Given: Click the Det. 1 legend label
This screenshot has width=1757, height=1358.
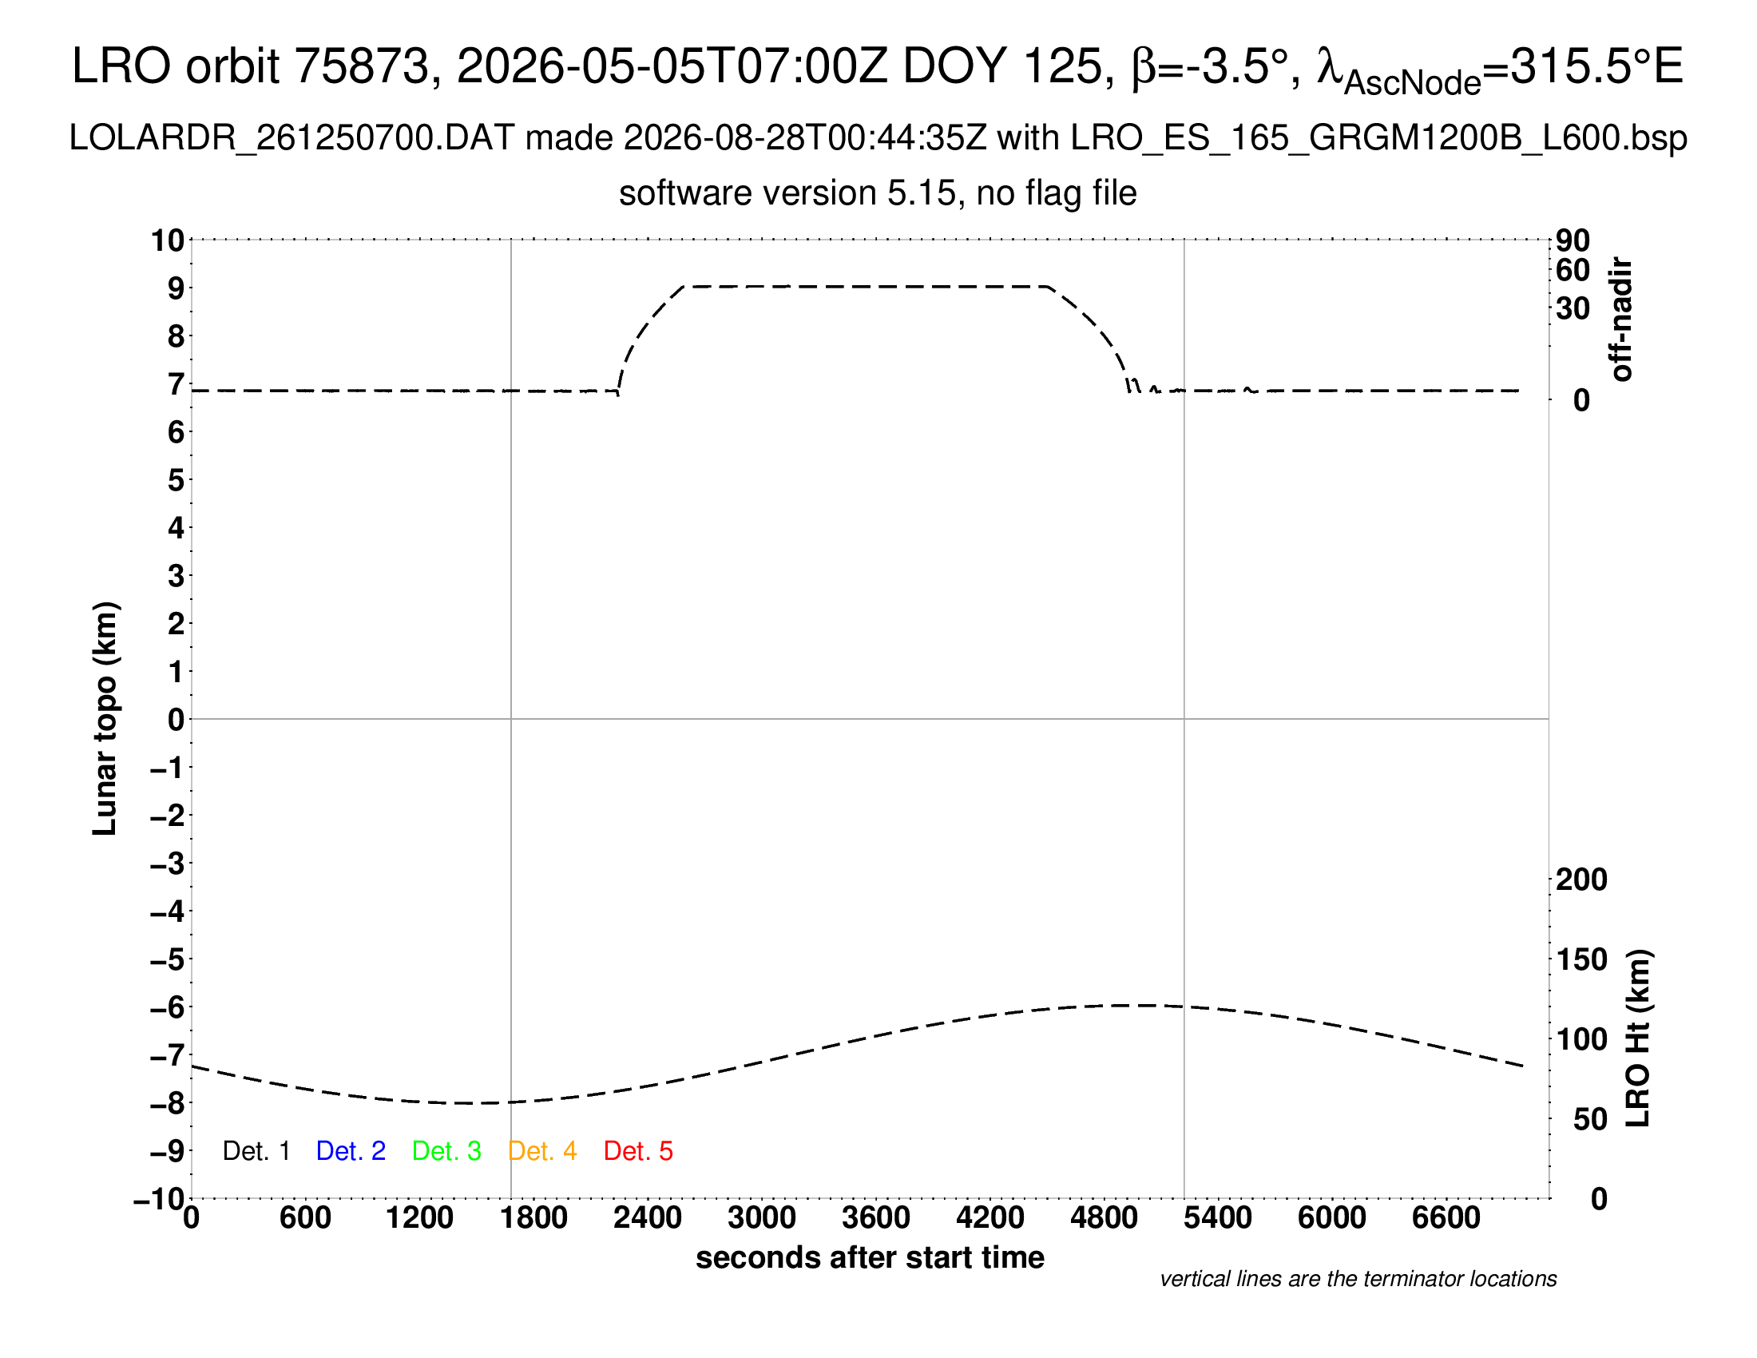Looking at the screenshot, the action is click(x=256, y=1151).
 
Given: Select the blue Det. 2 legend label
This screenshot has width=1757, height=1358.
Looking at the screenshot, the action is click(x=351, y=1151).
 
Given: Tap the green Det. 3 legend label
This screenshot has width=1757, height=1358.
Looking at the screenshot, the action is click(x=446, y=1151).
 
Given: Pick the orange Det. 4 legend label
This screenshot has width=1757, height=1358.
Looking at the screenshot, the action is click(x=542, y=1151).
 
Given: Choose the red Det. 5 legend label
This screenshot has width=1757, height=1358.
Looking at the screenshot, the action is click(x=638, y=1151).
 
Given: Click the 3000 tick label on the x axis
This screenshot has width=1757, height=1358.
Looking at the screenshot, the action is click(x=762, y=1218).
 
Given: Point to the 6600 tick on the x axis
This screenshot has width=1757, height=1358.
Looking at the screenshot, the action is click(x=1446, y=1218).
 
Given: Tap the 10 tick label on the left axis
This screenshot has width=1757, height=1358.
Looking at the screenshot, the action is click(x=169, y=240).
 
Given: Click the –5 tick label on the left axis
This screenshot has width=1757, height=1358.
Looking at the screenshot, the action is click(x=168, y=959).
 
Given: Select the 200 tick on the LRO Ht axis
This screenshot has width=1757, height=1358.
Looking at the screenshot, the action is click(x=1581, y=880).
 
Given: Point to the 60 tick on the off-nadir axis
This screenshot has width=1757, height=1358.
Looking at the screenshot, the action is click(x=1573, y=270).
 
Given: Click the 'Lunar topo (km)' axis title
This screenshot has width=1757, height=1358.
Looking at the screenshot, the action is click(x=105, y=718).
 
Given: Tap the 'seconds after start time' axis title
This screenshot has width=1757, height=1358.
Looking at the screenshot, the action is click(x=870, y=1257).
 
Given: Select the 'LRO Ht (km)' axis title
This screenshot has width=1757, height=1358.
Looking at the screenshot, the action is click(x=1638, y=1038).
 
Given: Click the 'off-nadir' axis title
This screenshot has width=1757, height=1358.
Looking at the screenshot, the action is click(x=1622, y=320).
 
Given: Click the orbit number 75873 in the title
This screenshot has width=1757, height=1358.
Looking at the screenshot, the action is click(x=363, y=66).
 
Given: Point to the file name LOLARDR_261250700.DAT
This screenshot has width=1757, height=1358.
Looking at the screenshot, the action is click(x=292, y=138).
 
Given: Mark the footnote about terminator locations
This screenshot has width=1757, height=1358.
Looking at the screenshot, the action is click(x=1358, y=1279).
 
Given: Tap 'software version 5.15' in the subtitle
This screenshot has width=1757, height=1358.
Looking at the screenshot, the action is click(x=787, y=194).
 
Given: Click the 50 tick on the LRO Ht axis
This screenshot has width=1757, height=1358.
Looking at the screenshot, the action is click(x=1590, y=1119).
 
